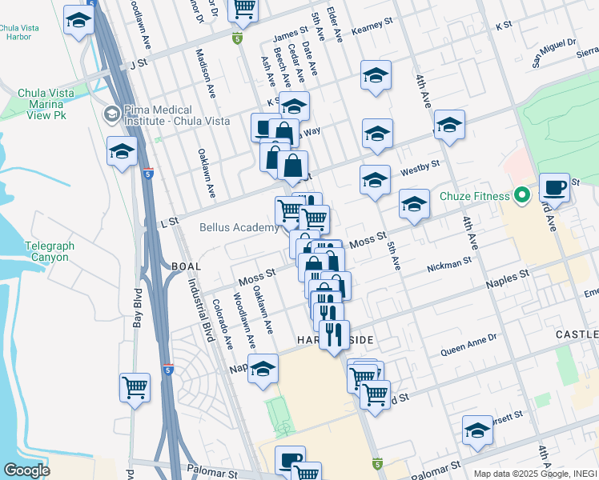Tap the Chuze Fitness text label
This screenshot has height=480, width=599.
click(x=475, y=195)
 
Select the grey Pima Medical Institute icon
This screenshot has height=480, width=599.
click(x=111, y=115)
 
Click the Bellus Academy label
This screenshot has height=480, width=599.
click(x=239, y=228)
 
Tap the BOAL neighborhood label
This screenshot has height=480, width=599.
click(x=185, y=265)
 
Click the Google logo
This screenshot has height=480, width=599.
click(x=26, y=470)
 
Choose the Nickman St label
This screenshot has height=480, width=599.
click(x=448, y=265)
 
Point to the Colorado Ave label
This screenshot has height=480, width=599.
click(x=223, y=326)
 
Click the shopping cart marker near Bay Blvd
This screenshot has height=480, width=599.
click(x=135, y=388)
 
